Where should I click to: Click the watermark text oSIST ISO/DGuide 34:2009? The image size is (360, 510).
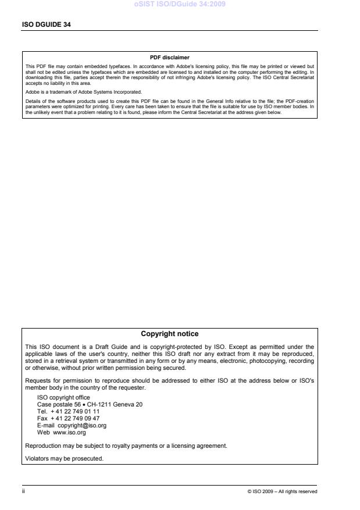tap(180, 5)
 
